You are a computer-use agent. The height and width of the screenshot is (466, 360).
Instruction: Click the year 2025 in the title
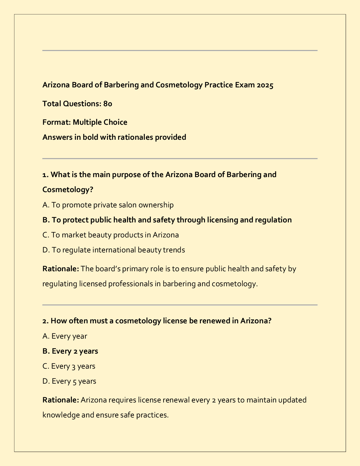[x=265, y=85]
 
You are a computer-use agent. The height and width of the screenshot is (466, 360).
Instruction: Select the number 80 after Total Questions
[x=108, y=104]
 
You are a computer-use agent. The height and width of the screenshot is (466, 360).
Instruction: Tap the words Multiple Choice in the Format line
[x=100, y=122]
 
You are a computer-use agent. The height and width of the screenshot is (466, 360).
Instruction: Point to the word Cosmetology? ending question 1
[x=68, y=189]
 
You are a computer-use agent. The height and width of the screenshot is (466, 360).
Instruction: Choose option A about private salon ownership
[x=108, y=205]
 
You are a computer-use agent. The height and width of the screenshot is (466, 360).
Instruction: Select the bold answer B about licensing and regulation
[x=167, y=220]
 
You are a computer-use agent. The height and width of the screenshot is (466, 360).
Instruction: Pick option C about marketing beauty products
[x=111, y=235]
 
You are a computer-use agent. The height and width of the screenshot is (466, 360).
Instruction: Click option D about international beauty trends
[x=114, y=250]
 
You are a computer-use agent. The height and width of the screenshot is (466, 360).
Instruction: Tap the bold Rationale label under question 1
[x=61, y=269]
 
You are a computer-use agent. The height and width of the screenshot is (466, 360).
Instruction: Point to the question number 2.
[x=45, y=321]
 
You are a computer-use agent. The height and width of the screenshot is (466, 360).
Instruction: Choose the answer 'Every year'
[x=65, y=336]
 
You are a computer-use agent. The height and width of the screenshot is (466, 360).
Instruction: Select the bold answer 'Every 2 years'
[x=70, y=351]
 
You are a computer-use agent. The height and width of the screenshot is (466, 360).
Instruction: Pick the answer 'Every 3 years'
[x=69, y=366]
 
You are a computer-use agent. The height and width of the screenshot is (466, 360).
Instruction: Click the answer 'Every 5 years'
[x=69, y=381]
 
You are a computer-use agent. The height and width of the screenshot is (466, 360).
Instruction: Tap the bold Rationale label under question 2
[x=61, y=400]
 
